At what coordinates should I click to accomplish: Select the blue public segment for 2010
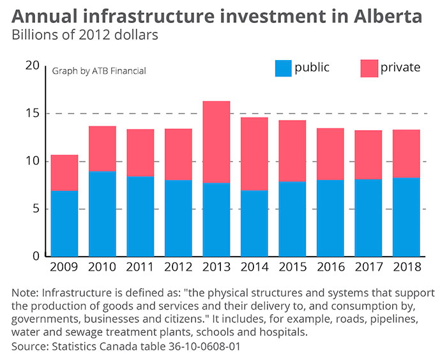[x=102, y=214]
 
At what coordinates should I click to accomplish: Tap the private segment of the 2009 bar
[x=64, y=173]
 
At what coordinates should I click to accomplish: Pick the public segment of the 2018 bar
[x=405, y=217]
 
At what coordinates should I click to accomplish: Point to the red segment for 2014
[x=254, y=154]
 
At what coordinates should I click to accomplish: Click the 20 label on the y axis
[x=32, y=66]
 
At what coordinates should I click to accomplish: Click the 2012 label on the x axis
[x=178, y=267]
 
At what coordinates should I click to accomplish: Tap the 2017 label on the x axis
[x=368, y=267]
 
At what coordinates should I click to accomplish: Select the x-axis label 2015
[x=292, y=267]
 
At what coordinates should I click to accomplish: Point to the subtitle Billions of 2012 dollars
[x=85, y=35]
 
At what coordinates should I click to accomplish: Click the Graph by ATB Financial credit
[x=99, y=71]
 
